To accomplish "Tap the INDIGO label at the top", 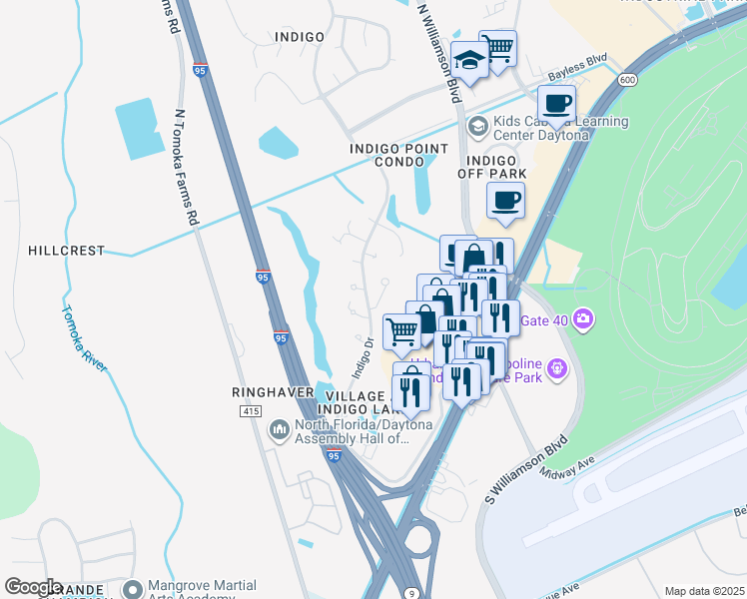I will (299, 37).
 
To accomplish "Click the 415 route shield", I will (250, 411).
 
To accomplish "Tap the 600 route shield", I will (627, 80).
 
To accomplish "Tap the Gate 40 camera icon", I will (582, 320).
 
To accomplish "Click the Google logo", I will (34, 587).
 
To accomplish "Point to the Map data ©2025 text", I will (705, 591).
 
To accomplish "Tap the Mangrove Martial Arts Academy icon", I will (132, 591).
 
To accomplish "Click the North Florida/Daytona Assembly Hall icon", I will (279, 430).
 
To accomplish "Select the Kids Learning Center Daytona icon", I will (477, 125).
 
